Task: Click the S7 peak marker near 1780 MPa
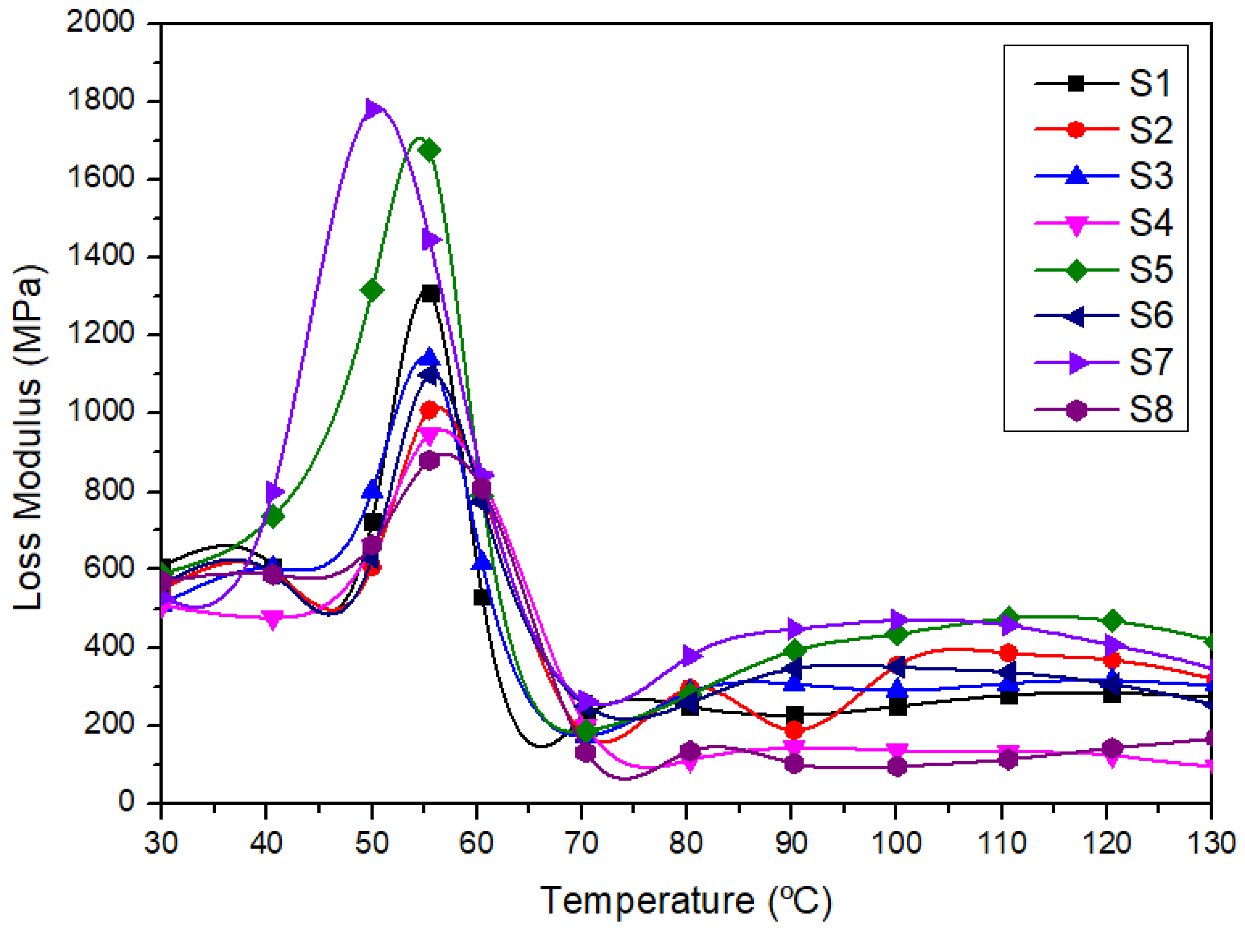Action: coord(373,109)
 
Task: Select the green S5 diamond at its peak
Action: coord(430,151)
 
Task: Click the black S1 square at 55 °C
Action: coord(430,294)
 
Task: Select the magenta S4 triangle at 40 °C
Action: coord(273,619)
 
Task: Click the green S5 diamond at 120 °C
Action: coord(1111,621)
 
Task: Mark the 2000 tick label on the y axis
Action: coord(100,23)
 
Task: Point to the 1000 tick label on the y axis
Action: coord(100,412)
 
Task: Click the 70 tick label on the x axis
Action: coord(581,843)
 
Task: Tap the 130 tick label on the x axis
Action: coord(1210,843)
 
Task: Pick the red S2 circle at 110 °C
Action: coord(1008,653)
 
